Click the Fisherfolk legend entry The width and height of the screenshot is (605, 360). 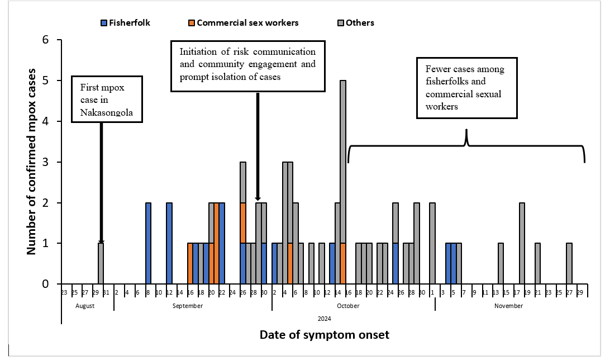tap(125, 23)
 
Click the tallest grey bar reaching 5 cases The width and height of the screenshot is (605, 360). tap(343, 182)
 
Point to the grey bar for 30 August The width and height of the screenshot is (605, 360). tap(101, 263)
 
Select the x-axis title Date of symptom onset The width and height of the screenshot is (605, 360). tap(324, 335)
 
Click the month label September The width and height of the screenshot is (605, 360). tap(187, 306)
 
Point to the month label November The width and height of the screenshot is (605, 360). tap(508, 306)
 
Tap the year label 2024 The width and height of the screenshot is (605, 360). tap(324, 319)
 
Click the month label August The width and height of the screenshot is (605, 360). tap(85, 306)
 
